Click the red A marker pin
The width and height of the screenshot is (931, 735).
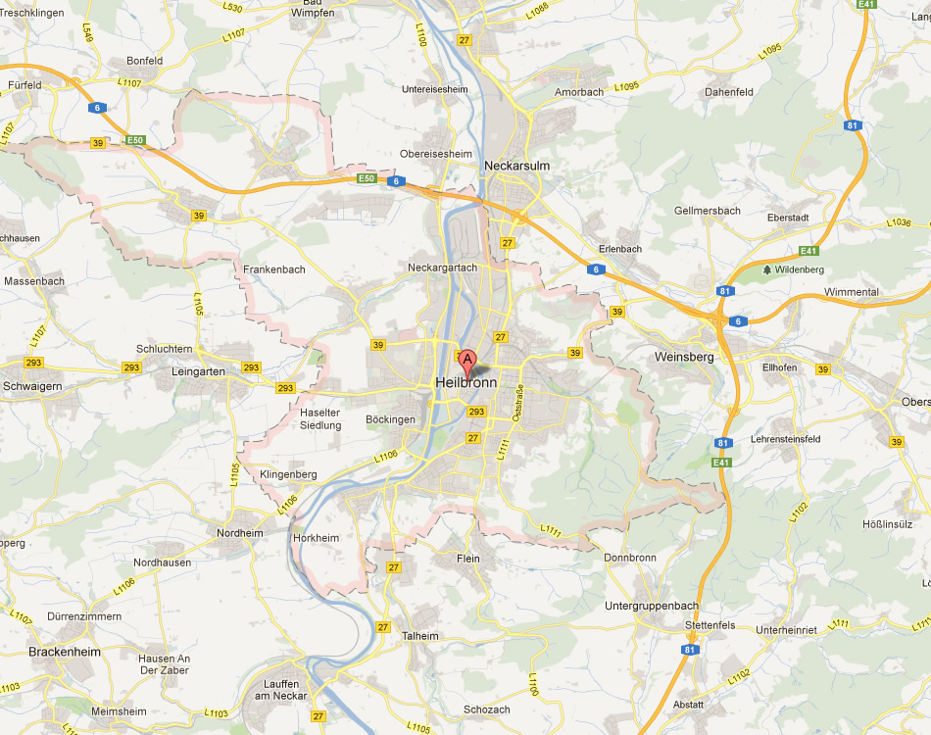click(x=468, y=362)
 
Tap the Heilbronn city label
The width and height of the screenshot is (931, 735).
click(x=465, y=383)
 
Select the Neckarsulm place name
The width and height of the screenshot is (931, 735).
click(x=516, y=166)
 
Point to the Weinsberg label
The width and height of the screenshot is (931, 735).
click(x=684, y=357)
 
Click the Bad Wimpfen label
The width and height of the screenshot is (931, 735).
click(x=312, y=9)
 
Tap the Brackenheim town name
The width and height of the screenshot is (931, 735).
click(x=64, y=651)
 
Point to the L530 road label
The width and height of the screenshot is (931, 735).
click(x=231, y=7)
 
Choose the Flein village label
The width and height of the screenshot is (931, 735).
click(x=468, y=559)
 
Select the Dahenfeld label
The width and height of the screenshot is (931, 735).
click(x=728, y=92)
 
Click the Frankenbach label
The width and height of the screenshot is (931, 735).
click(x=274, y=269)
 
